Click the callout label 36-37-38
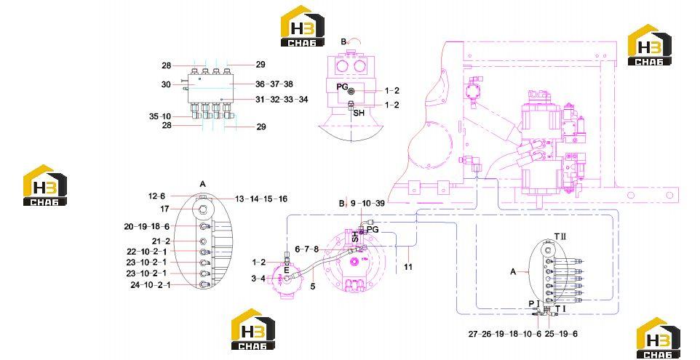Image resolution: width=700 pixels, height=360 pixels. click(274, 84)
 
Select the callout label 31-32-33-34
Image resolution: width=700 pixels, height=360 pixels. click(282, 100)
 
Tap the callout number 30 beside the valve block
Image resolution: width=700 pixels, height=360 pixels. click(166, 84)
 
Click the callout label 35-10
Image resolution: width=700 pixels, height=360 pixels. click(160, 116)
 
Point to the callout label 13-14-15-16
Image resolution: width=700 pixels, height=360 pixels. click(260, 199)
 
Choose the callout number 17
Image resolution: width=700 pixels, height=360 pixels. click(164, 209)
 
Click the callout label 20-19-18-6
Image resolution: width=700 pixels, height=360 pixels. click(147, 227)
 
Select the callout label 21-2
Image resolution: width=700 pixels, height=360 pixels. click(161, 241)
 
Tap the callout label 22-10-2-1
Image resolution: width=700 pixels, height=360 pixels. click(146, 251)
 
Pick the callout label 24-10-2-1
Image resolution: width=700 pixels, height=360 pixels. click(151, 284)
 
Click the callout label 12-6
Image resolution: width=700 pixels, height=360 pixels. click(156, 196)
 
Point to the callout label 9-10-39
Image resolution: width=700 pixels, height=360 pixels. click(367, 204)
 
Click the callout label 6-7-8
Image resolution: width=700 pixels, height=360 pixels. click(306, 249)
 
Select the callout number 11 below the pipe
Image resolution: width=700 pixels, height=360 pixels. click(408, 267)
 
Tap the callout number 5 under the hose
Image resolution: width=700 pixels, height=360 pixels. click(312, 287)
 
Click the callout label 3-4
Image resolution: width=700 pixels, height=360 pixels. click(258, 279)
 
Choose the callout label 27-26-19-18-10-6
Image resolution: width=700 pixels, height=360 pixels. click(505, 334)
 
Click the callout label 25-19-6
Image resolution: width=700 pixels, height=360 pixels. click(561, 334)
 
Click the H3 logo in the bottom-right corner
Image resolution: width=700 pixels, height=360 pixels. click(658, 339)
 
